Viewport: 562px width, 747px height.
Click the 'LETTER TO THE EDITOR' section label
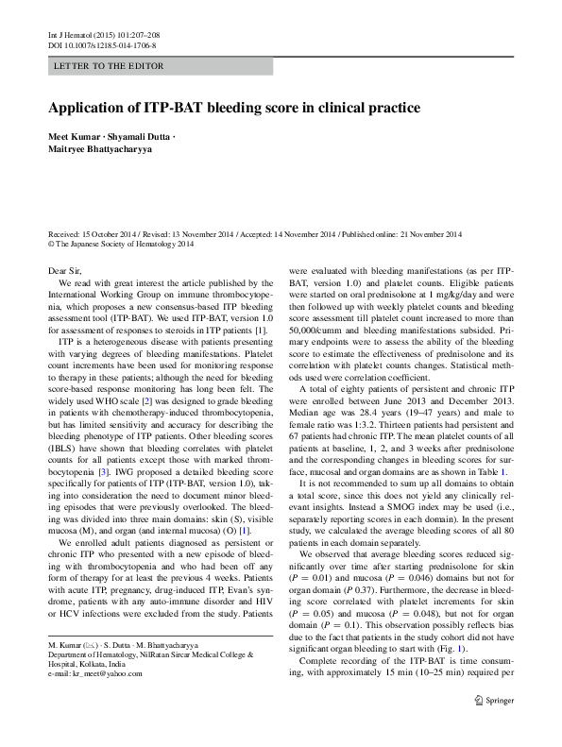(x=110, y=66)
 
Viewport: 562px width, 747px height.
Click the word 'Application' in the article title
(x=87, y=108)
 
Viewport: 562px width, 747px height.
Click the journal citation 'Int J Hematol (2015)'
(x=86, y=35)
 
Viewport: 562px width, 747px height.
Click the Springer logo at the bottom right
(x=492, y=727)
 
